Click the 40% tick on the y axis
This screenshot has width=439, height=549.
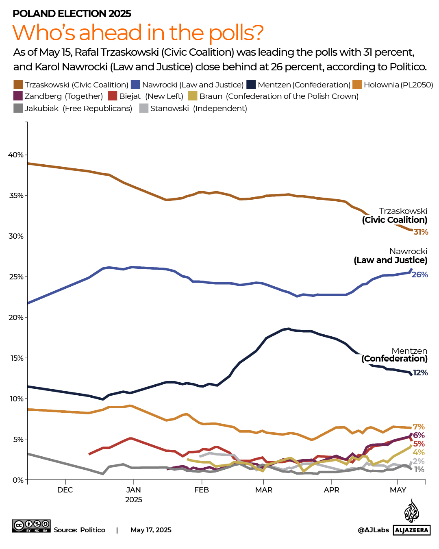pyautogui.click(x=16, y=155)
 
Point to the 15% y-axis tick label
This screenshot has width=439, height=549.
pyautogui.click(x=16, y=358)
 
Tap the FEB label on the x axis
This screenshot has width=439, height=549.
pyautogui.click(x=202, y=490)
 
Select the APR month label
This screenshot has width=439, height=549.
pyautogui.click(x=332, y=490)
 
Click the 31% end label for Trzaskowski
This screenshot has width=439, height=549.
pyautogui.click(x=421, y=232)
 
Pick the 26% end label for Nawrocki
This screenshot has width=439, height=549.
pyautogui.click(x=420, y=275)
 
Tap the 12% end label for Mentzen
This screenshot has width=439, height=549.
pyautogui.click(x=420, y=373)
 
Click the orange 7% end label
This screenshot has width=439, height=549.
pyautogui.click(x=419, y=427)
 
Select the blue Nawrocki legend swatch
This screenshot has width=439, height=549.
pyautogui.click(x=135, y=85)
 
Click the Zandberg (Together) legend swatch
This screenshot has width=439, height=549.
pyautogui.click(x=18, y=96)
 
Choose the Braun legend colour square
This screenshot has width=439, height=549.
pyautogui.click(x=193, y=96)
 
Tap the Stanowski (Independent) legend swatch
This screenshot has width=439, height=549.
pyautogui.click(x=143, y=108)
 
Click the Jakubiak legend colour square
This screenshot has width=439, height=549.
pyautogui.click(x=18, y=108)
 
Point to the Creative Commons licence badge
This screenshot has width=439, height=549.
pyautogui.click(x=31, y=525)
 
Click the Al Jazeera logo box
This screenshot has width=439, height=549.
pyautogui.click(x=412, y=530)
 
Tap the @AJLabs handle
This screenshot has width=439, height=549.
pyautogui.click(x=373, y=530)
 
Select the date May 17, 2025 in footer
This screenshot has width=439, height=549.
pyautogui.click(x=151, y=530)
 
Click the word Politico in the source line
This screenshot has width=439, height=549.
pyautogui.click(x=93, y=530)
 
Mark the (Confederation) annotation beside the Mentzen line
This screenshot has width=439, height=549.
pyautogui.click(x=394, y=359)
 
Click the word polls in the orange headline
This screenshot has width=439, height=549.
pyautogui.click(x=236, y=33)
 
